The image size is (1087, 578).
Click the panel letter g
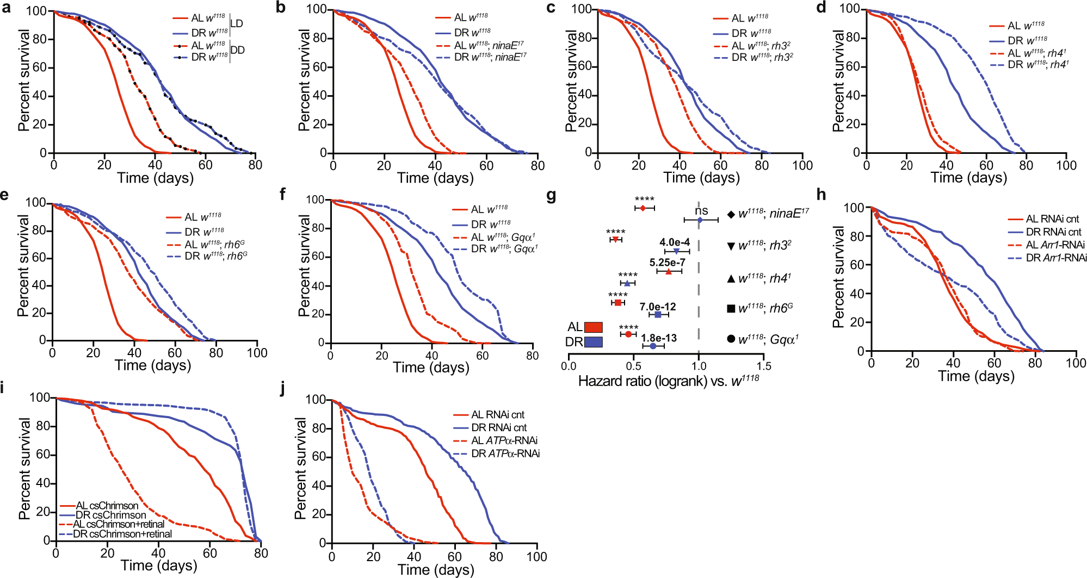(551, 195)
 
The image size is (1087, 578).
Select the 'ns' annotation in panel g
(701, 211)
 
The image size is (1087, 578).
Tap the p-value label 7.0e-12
(658, 307)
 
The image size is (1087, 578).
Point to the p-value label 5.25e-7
(667, 263)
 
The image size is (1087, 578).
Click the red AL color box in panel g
(594, 327)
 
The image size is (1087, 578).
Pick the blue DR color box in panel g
(594, 342)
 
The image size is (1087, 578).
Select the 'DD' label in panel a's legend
(238, 50)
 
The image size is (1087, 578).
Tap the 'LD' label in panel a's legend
(237, 23)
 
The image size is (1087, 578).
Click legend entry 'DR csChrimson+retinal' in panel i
(122, 534)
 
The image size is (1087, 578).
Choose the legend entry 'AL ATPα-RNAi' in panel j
(504, 440)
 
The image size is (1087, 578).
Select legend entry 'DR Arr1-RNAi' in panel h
(1055, 258)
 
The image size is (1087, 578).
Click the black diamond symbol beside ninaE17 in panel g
(731, 214)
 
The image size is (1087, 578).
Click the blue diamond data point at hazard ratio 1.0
(700, 220)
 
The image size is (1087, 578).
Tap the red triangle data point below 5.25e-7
(669, 271)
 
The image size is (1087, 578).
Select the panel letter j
(282, 389)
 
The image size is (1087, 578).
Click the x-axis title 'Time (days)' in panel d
(968, 178)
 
